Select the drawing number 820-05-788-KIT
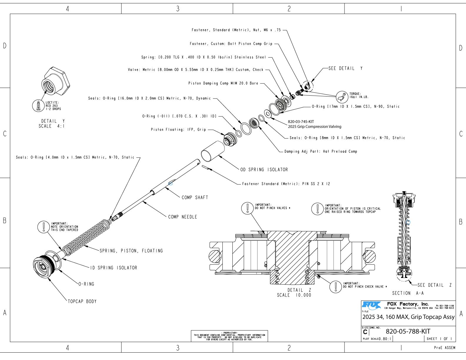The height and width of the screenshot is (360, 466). [x=408, y=331]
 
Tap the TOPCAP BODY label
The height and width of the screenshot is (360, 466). [x=82, y=301]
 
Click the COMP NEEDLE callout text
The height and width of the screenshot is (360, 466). [x=182, y=217]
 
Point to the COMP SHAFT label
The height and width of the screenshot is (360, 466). [x=195, y=197]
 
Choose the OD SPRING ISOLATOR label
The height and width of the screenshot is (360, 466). [x=264, y=169]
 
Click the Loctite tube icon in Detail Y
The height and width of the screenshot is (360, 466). [x=38, y=106]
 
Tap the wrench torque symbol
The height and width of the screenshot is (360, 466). [x=342, y=97]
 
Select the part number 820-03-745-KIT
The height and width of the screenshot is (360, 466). [x=301, y=121]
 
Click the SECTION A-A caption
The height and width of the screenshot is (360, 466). [x=408, y=293]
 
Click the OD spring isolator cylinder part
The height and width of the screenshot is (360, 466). [x=212, y=151]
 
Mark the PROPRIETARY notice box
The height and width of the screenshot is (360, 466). [x=229, y=336]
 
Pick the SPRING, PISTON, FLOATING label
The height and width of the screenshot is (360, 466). [x=131, y=251]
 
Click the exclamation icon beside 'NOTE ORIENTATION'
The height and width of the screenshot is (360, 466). [x=44, y=227]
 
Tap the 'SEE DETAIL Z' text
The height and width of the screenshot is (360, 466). [x=435, y=285]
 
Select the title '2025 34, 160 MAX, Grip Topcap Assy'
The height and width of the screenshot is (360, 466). [x=408, y=317]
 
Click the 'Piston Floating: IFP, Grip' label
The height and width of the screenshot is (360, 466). [x=178, y=129]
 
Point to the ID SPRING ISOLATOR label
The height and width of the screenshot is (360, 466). [x=114, y=268]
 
